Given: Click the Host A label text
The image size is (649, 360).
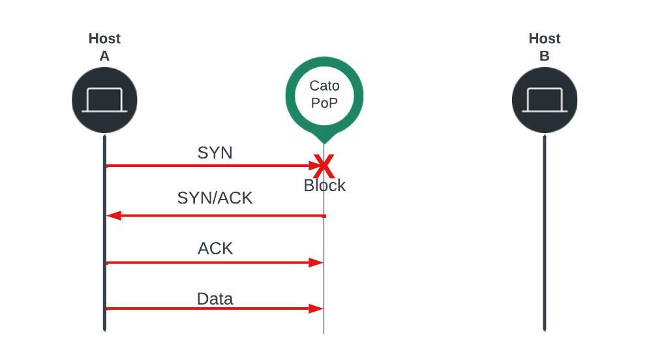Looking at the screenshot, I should point(104,47).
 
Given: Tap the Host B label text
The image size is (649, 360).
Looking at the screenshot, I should point(544,47).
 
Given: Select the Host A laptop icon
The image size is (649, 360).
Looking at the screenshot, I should point(104,100).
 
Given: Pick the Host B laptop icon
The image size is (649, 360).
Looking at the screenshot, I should point(544,100).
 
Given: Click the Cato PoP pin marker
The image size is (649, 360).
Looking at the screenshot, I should point(324,98).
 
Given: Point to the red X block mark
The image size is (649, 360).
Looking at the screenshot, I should point(324,167).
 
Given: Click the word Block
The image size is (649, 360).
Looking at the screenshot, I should point(324,186).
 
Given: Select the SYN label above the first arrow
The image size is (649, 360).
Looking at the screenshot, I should point(215,153).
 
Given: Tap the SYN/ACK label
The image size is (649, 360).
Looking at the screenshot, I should point(215,198).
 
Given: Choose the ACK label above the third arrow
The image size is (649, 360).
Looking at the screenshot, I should point(215,248).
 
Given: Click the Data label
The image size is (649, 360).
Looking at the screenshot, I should point(215,299).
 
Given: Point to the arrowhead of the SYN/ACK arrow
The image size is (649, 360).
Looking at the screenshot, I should point(112,215).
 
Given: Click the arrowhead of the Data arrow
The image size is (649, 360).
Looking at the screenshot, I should point(318,308).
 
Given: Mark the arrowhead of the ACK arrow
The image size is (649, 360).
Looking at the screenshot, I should point(318,262).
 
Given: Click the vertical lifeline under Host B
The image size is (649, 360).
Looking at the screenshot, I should point(544,235).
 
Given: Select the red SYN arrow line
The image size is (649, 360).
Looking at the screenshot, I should point(209,166).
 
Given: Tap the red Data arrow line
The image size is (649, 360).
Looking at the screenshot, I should point(209,308).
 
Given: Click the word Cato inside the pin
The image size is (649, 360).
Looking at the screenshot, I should point(324,86).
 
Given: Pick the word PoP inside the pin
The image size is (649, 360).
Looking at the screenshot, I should point(324,103).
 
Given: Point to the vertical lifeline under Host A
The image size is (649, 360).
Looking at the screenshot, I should point(104,235).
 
